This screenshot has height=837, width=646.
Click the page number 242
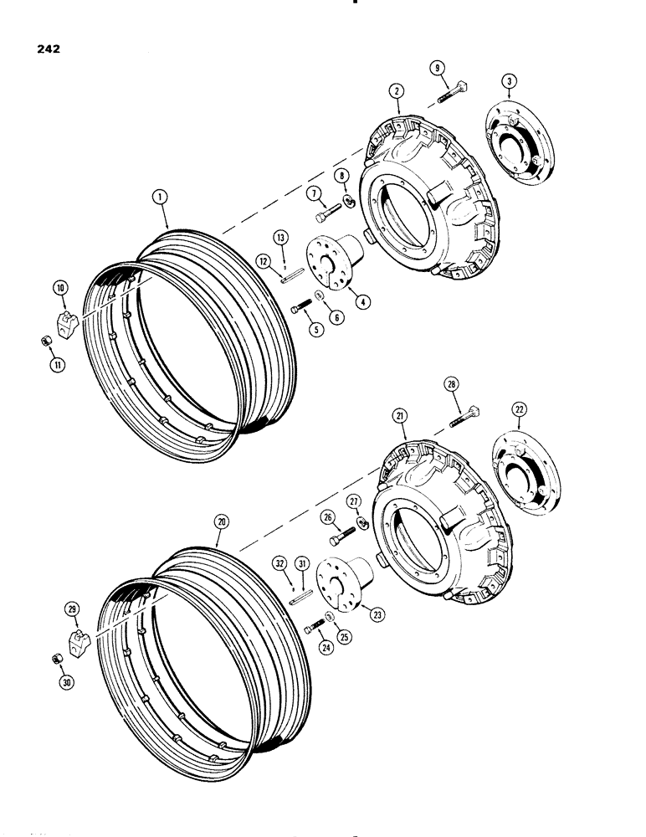coord(48,48)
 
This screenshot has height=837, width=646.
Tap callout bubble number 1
coord(159,198)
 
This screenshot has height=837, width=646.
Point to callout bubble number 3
coord(509,80)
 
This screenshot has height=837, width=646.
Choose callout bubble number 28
coord(451,385)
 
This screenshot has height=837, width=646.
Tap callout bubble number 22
coord(520,408)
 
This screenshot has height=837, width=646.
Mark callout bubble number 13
coord(284,236)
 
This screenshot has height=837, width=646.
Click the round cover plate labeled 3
coord(513,146)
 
